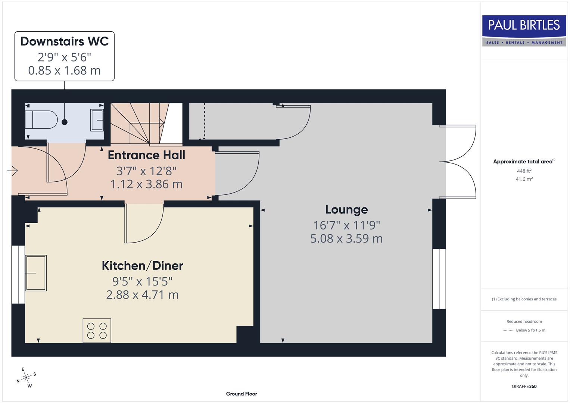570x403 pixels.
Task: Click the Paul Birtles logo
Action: tap(524, 31)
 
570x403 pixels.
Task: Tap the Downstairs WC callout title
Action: tap(64, 41)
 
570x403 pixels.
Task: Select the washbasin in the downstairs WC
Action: tap(97, 120)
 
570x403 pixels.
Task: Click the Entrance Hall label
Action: tap(146, 155)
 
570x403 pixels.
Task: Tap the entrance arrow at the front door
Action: tap(13, 171)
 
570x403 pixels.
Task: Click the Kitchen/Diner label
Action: tap(142, 266)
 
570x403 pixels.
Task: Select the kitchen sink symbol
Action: tap(36, 273)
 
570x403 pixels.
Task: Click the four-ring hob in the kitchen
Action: tap(97, 330)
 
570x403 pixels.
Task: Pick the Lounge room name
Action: tap(346, 209)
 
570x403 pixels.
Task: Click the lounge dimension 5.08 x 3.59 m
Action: tap(346, 238)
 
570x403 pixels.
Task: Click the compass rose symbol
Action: tap(26, 378)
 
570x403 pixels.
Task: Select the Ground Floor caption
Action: tap(242, 394)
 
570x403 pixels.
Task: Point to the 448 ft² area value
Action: tap(524, 171)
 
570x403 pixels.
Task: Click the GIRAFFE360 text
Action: tap(524, 386)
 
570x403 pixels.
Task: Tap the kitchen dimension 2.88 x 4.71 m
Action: tap(142, 295)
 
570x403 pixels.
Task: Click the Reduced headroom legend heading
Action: tap(524, 321)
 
